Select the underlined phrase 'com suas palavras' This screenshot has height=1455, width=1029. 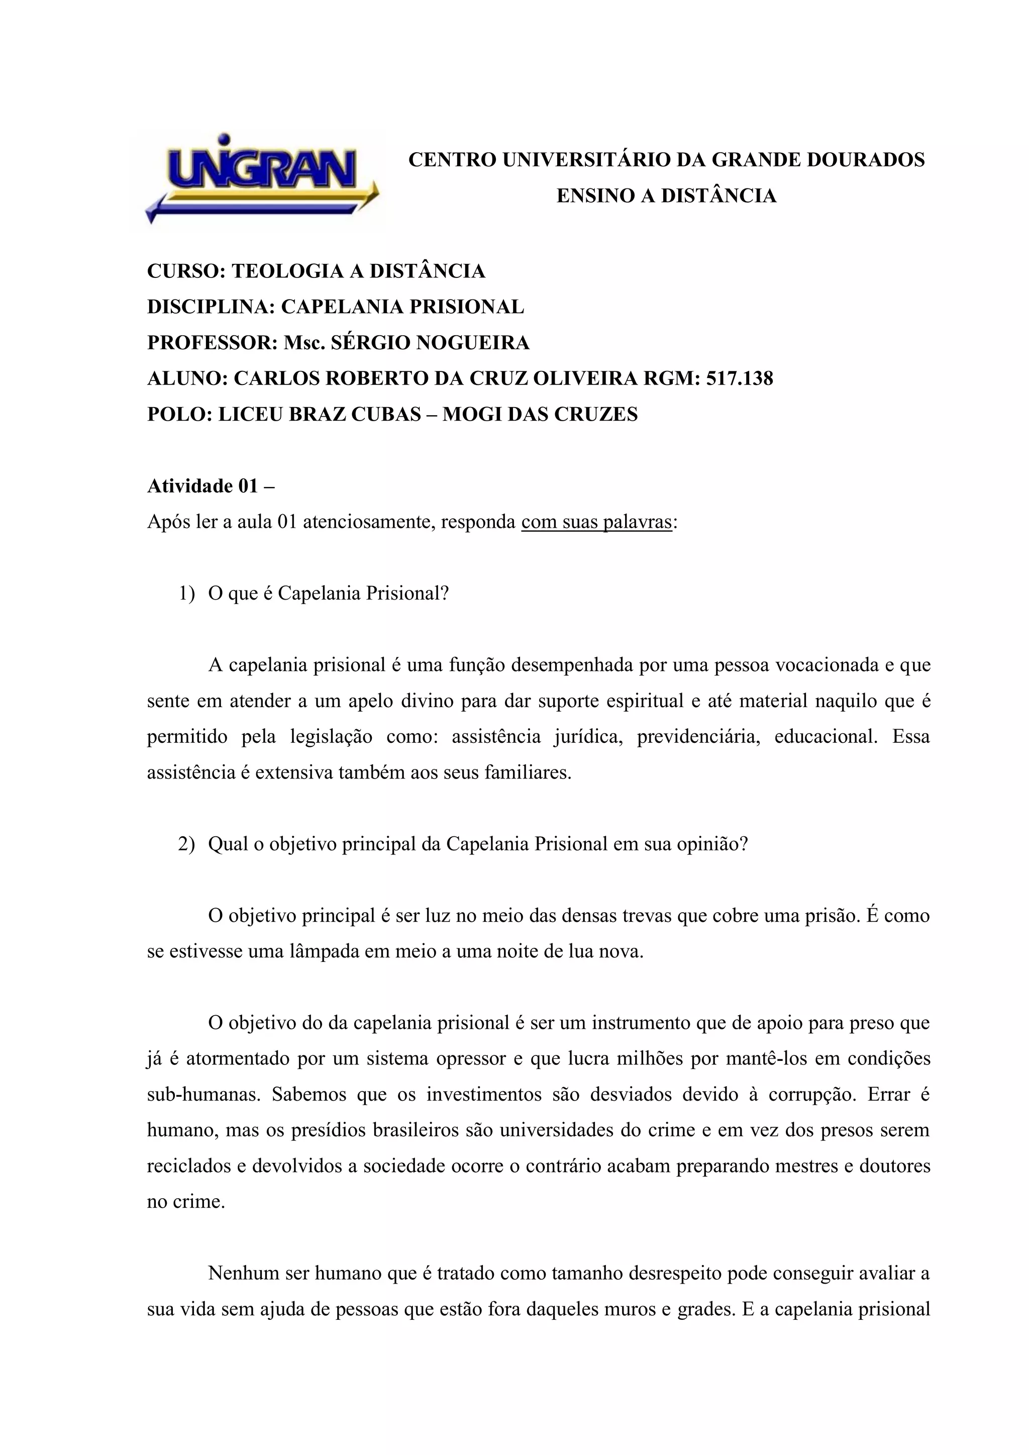596,522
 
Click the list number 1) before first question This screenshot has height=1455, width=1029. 186,594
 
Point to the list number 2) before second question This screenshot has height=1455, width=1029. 186,845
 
